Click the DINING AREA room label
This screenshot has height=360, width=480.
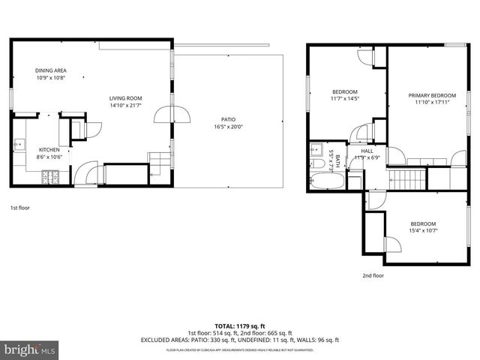point(51,70)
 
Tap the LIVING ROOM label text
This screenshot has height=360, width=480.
point(125,98)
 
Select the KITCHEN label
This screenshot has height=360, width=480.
point(49,150)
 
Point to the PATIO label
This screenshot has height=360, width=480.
point(228,120)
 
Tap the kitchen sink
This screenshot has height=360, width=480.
point(19,144)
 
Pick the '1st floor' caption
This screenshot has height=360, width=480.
point(19,207)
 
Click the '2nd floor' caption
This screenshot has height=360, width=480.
point(373,275)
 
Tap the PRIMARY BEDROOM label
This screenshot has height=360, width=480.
point(432,95)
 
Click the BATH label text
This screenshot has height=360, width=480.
point(337,160)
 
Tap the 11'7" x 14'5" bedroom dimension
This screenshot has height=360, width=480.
point(345,98)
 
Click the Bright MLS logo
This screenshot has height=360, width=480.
point(30,349)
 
